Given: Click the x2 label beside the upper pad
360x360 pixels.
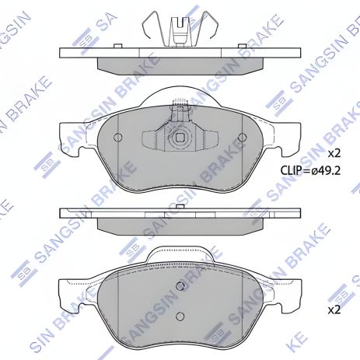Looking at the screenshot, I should point(334,152).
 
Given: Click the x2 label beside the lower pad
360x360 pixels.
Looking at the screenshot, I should point(334,309).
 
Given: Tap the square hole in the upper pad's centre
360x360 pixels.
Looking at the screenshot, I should point(180,138).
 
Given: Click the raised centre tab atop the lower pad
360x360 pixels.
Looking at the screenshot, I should point(180,254).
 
